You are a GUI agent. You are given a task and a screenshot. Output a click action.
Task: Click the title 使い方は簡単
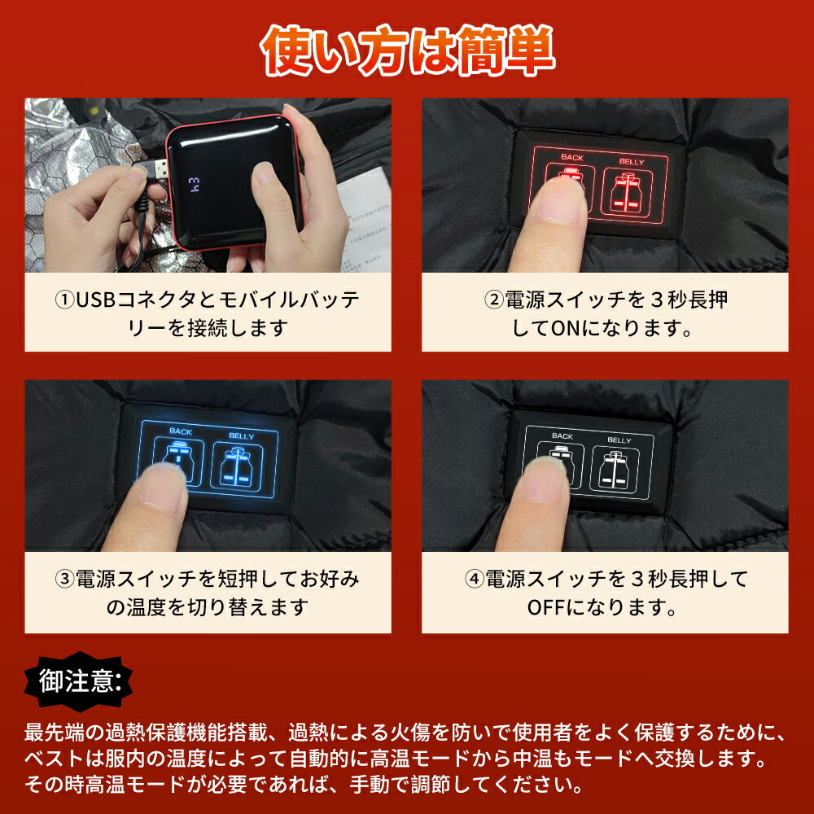pos(408,50)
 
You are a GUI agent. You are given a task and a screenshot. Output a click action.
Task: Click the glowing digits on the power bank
pos(193,185)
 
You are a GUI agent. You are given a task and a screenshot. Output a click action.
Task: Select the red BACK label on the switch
pos(572,157)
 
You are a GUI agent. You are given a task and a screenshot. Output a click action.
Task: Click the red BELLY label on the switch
pos(632,162)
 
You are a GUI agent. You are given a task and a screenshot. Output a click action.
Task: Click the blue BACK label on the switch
pos(181,431)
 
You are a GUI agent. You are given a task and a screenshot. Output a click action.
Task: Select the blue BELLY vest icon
pos(236,466)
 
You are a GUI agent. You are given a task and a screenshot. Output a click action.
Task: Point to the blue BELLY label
pos(242,436)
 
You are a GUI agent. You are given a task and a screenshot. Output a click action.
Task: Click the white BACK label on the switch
pos(562,436)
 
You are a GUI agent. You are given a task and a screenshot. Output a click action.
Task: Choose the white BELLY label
pos(619,440)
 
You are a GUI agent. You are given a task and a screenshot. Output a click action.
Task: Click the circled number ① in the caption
pos(64,300)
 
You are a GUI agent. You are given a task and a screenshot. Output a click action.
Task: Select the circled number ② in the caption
pos(494,300)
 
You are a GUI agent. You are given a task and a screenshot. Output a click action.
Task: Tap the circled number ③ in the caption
pos(64,578)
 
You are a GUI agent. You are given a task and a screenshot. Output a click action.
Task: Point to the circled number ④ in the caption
pos(474,578)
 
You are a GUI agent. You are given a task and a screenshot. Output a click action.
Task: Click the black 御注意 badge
pos(78,681)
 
